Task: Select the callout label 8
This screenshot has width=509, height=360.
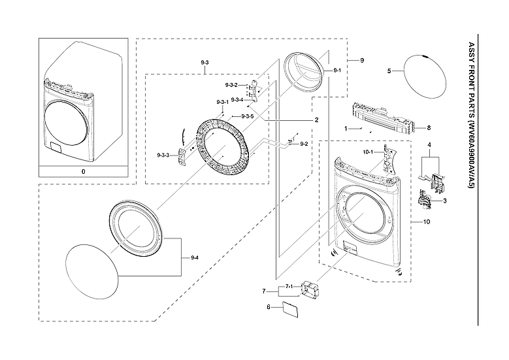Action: pos(429,127)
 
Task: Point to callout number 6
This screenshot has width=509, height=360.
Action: pos(268,306)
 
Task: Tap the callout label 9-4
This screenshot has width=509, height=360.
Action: pos(194,259)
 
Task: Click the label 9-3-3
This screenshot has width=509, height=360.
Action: pos(163,155)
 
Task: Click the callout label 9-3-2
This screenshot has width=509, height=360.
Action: pos(231,86)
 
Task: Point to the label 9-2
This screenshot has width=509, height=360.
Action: pos(304,143)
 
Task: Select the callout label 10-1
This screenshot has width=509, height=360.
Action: pos(367,152)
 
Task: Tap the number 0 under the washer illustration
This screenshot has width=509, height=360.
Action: pos(83,171)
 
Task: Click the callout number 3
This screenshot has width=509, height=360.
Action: pos(444,201)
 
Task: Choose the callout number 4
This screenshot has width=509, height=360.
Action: pos(429,144)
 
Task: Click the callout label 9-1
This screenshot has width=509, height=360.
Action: pos(337,70)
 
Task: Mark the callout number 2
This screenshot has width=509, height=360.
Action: pos(316,120)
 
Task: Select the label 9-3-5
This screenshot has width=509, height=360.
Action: pos(247,116)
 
